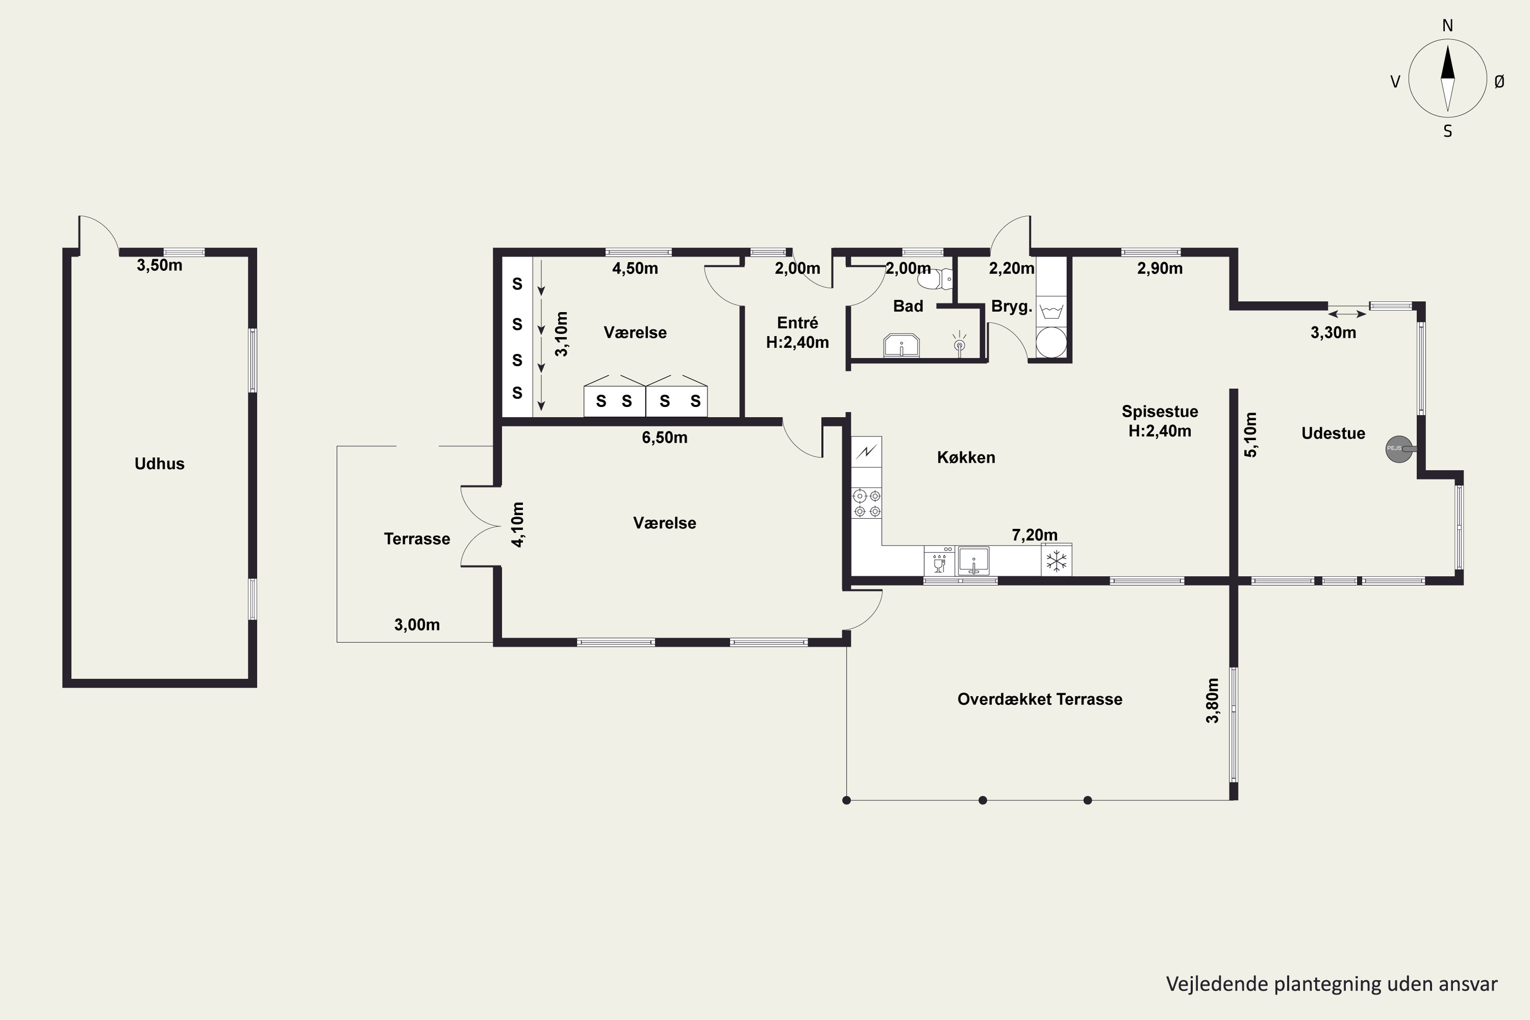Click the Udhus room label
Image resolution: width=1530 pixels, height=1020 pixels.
coord(159,464)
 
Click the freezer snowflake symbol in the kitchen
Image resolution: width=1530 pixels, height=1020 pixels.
coord(1056,560)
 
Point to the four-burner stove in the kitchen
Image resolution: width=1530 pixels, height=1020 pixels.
coord(867,503)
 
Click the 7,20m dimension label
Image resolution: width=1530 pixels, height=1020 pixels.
coord(1034,534)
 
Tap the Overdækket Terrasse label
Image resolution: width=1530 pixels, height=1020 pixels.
coord(1039,699)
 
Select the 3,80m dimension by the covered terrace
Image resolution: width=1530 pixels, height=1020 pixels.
coord(1213,701)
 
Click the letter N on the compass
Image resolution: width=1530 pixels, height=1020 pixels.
coord(1447,25)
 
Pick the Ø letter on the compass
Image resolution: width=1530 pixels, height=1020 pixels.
coord(1499,81)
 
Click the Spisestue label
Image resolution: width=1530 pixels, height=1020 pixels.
coord(1160,411)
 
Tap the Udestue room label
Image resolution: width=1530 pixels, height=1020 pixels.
coord(1333,433)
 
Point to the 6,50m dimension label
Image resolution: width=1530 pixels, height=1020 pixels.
coord(664,438)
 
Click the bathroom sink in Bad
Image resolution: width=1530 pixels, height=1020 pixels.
coord(901,345)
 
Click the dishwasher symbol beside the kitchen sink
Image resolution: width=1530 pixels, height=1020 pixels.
coord(939,560)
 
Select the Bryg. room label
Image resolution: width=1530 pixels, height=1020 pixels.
coord(1011,307)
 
